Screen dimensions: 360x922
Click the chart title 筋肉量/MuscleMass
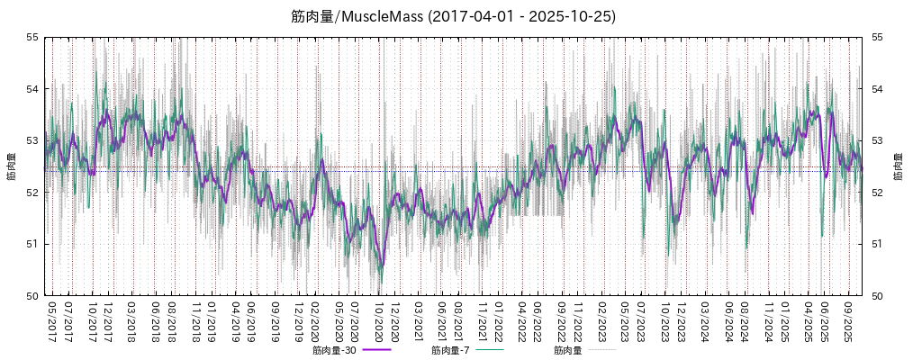click(x=454, y=16)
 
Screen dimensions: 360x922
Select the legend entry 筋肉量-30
click(x=335, y=350)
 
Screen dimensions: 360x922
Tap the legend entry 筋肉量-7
click(x=452, y=350)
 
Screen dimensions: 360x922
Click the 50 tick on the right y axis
click(x=877, y=296)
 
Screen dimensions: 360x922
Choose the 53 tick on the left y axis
click(x=32, y=140)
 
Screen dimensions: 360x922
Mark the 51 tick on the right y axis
click(x=877, y=244)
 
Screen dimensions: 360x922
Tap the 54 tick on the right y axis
click(x=877, y=89)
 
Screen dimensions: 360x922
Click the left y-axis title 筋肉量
click(x=12, y=166)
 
